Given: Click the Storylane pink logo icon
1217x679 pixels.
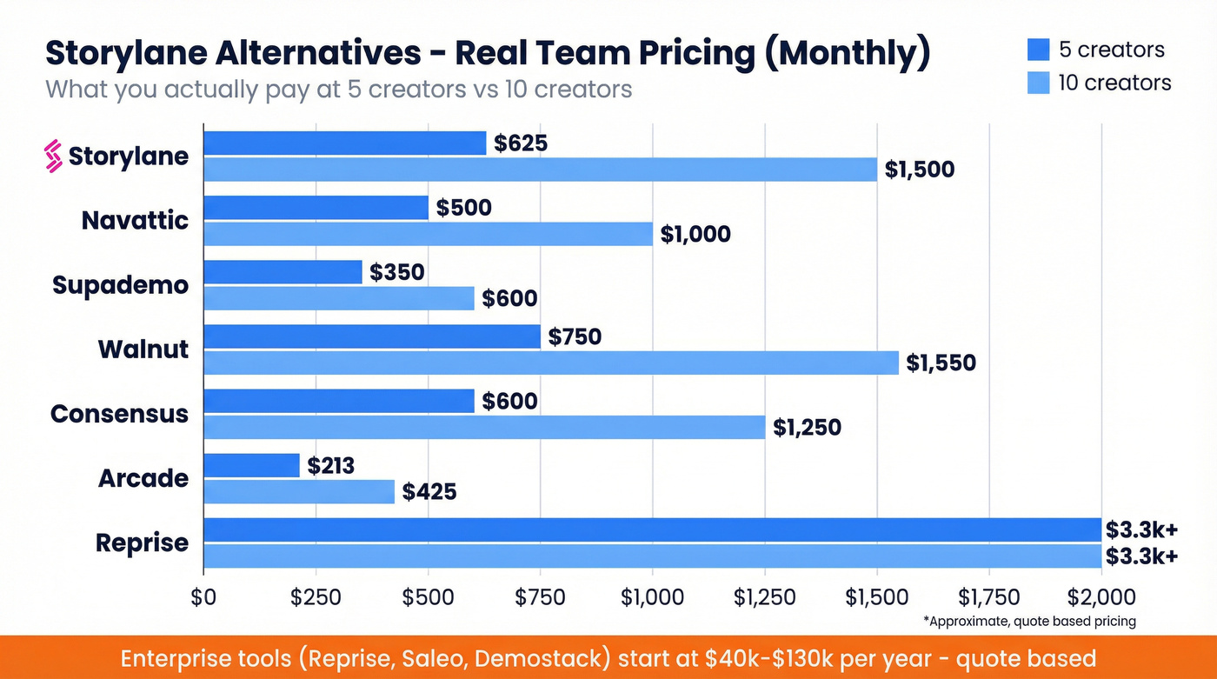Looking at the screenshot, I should click(x=54, y=156).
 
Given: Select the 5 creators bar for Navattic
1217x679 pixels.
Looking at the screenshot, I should click(x=316, y=208).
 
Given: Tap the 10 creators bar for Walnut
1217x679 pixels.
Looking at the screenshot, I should click(x=551, y=363).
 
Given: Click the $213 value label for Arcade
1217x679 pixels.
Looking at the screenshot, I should click(x=330, y=466).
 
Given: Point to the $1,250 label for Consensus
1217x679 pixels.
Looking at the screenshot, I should click(x=807, y=427).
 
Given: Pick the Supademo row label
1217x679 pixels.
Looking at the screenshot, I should click(x=120, y=285).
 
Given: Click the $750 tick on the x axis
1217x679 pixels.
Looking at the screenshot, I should click(x=540, y=597).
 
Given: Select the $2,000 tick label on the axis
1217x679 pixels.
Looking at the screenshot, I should click(x=1101, y=597).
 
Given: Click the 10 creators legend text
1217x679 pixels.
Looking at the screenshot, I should click(x=1114, y=83).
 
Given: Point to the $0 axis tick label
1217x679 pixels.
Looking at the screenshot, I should click(x=203, y=597).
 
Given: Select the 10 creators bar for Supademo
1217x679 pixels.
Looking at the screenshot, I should click(x=339, y=298).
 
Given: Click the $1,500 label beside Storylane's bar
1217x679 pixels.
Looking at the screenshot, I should click(x=919, y=170).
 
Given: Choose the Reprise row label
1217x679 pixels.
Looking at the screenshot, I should click(x=142, y=543).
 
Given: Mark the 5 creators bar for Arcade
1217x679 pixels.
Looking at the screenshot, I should click(x=251, y=466).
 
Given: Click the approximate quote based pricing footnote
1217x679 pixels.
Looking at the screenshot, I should click(x=1029, y=622).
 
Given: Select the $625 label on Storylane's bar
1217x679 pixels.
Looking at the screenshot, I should click(x=520, y=143).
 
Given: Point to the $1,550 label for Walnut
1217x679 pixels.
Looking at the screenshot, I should click(x=941, y=363).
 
